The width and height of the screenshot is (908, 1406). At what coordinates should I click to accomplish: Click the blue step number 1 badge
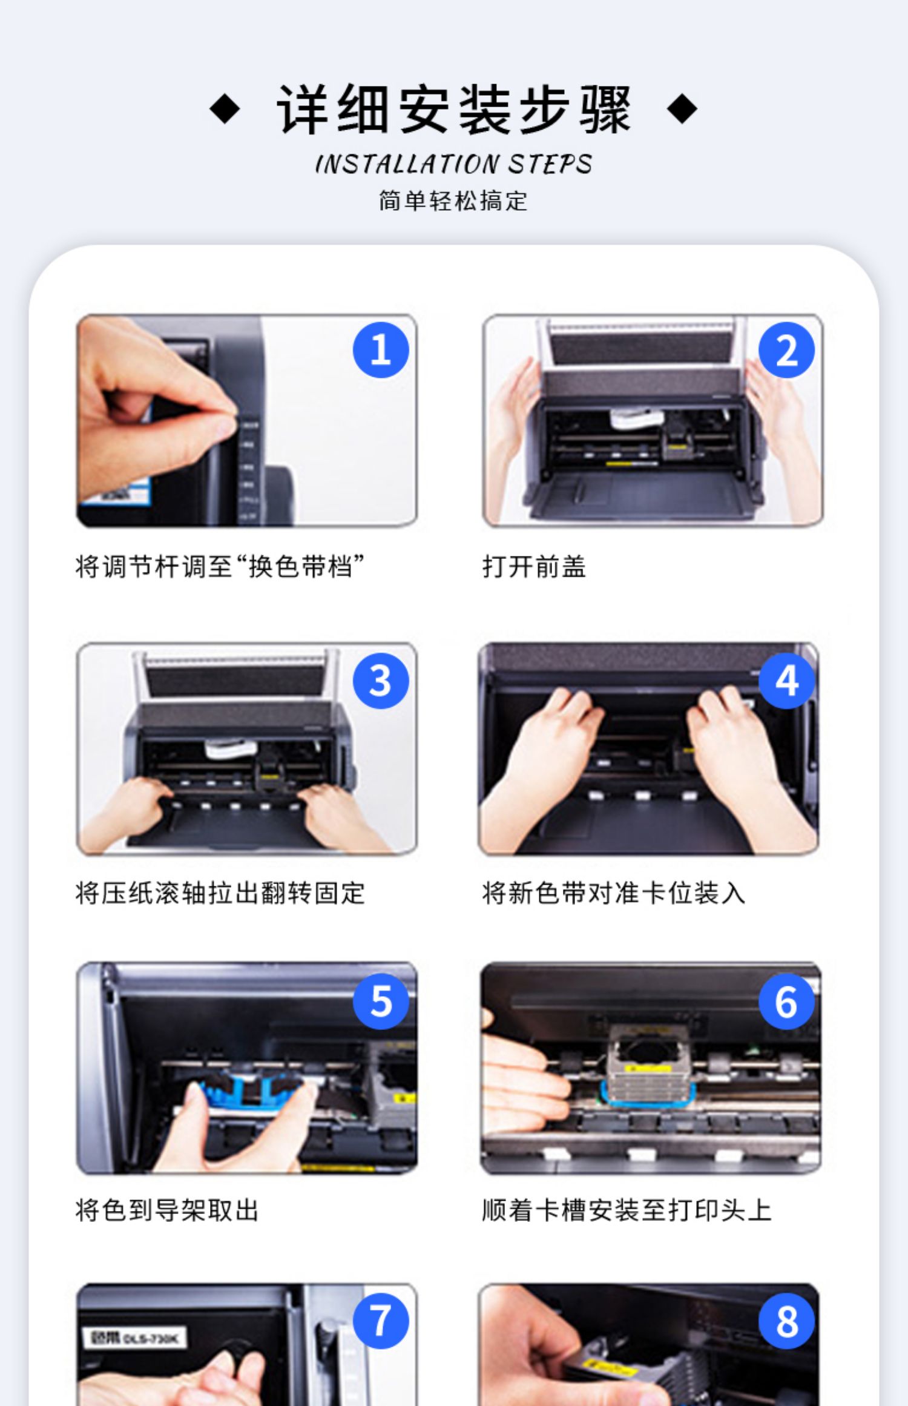click(x=381, y=350)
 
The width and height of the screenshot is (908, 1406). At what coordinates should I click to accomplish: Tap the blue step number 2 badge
click(x=786, y=350)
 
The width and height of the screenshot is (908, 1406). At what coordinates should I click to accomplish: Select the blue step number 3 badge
click(x=381, y=681)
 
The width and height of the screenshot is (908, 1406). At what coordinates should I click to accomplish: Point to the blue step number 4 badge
click(x=786, y=681)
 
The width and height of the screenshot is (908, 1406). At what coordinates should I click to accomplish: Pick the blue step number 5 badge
click(x=381, y=1001)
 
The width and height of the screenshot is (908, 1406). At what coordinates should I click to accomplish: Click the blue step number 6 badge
click(x=786, y=1001)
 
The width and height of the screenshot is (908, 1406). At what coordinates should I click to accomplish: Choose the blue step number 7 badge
click(x=381, y=1321)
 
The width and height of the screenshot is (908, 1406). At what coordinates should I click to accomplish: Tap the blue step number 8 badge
click(x=786, y=1321)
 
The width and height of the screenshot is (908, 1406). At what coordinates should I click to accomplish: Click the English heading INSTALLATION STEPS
click(x=453, y=164)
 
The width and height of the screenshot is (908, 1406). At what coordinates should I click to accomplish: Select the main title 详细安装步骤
click(x=454, y=110)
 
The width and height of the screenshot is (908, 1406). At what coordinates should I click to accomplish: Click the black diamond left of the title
click(x=225, y=110)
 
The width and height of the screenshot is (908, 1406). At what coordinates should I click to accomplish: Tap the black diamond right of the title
click(x=682, y=110)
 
